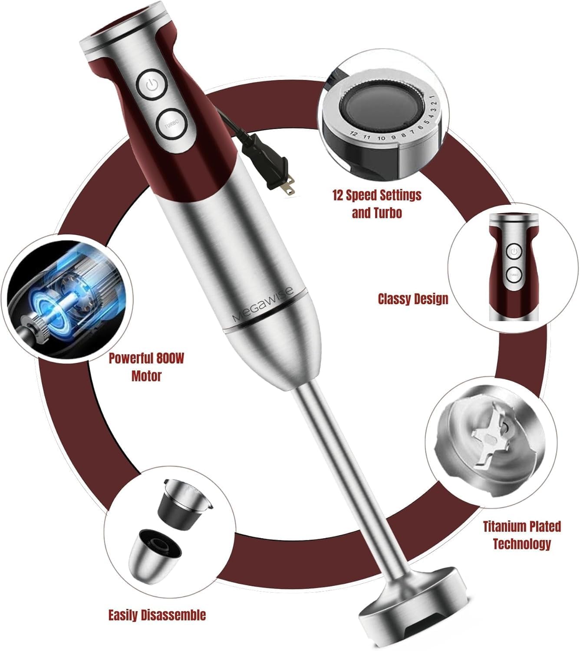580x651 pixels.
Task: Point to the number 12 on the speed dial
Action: coord(354,134)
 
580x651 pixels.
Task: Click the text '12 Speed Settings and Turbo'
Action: coord(377,204)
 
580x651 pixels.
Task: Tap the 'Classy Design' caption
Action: coord(412,299)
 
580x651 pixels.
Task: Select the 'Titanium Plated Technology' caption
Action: coord(521,535)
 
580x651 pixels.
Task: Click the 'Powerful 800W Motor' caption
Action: coord(146,367)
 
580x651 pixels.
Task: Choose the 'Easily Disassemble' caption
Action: coord(157,615)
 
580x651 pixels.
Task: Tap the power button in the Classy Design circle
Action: coord(514,251)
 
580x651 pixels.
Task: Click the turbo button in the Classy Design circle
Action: coord(514,274)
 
